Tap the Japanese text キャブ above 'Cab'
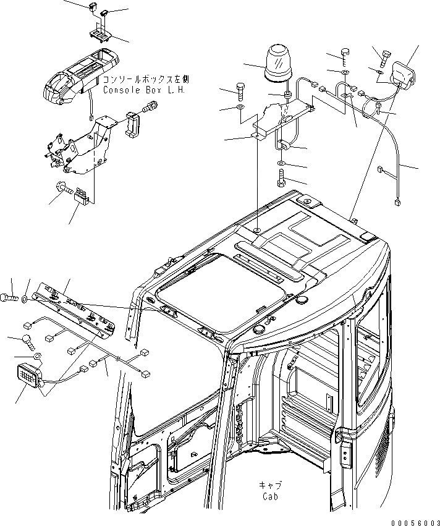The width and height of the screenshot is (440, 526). [x=269, y=486]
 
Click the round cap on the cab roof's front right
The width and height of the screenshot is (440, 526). [x=303, y=300]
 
